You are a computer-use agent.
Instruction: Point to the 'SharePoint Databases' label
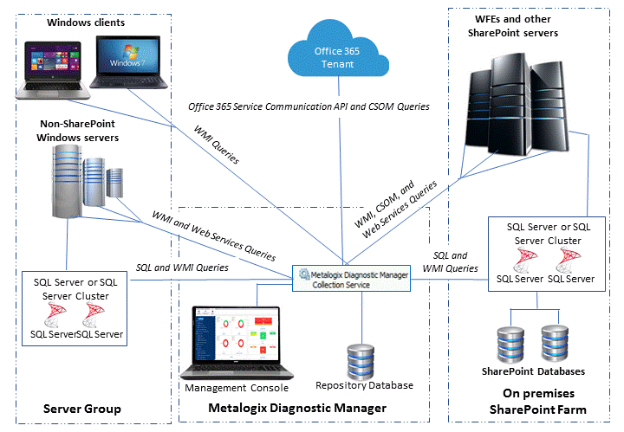click(532, 371)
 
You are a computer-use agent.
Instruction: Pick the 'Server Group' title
click(82, 409)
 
